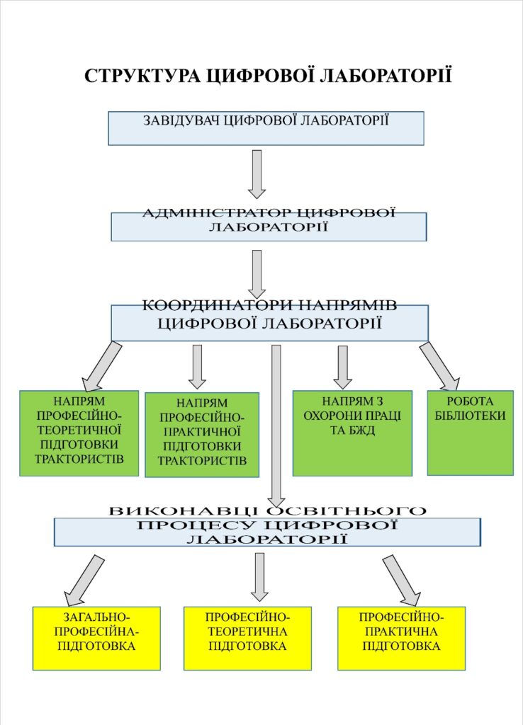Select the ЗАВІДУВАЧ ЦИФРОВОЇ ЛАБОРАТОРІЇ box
click(x=266, y=128)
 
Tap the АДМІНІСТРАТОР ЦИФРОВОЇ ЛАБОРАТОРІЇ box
click(x=269, y=227)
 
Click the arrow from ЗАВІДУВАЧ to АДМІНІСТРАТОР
click(x=257, y=173)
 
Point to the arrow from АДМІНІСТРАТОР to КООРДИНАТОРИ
click(x=257, y=273)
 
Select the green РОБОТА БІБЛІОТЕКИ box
click(x=470, y=432)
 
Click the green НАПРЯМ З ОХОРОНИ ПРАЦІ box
click(x=352, y=433)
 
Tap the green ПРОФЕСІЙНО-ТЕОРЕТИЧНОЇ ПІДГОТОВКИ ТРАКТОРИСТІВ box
click(x=79, y=432)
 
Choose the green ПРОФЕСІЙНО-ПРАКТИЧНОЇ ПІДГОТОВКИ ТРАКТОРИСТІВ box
click(x=202, y=434)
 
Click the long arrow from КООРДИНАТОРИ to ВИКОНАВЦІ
click(x=276, y=425)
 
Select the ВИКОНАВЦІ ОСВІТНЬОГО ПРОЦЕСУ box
click(x=267, y=531)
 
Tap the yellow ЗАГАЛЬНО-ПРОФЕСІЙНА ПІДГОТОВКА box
click(x=96, y=638)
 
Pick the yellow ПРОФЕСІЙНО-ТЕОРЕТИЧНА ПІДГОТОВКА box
click(x=247, y=638)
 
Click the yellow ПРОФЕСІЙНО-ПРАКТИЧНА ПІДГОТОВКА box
click(x=401, y=638)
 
